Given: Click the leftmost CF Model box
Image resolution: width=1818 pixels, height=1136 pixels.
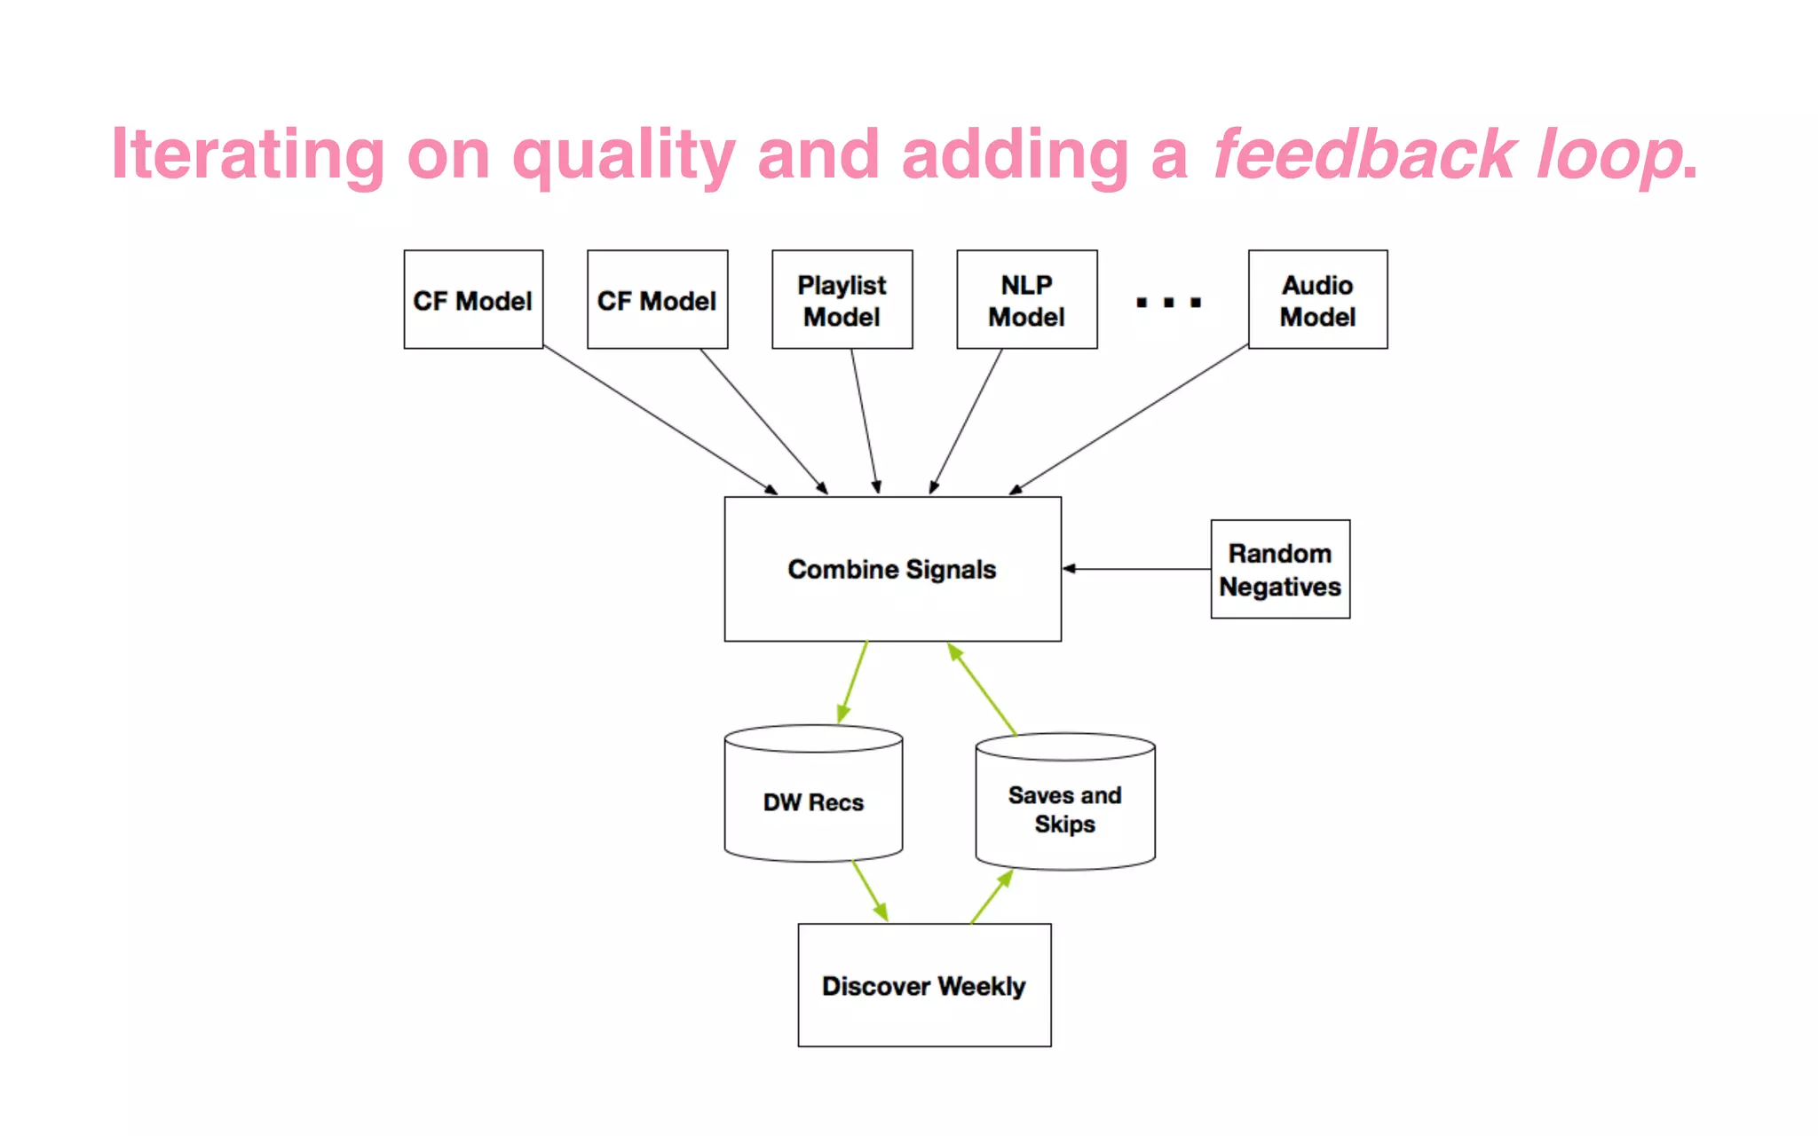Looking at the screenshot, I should (473, 300).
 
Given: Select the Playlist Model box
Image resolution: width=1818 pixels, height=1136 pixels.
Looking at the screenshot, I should (842, 300).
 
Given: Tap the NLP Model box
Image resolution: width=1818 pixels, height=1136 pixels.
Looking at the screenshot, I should (1026, 300).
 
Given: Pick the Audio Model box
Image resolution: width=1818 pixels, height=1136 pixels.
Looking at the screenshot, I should (1317, 300).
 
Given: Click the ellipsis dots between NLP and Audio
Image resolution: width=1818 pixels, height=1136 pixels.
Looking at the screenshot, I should (1168, 303).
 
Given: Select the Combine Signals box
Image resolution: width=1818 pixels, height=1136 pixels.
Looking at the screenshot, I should (892, 569).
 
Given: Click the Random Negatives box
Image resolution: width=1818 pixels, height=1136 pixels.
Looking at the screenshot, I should (1280, 569).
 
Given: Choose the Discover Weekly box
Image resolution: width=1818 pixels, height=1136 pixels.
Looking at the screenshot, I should (924, 985).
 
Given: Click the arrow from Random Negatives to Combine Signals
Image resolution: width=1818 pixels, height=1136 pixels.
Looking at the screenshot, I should (1136, 569).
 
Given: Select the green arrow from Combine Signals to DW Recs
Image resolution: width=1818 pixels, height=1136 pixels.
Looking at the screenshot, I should (853, 682).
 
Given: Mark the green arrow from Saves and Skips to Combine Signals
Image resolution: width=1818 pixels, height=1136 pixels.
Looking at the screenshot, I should (982, 689).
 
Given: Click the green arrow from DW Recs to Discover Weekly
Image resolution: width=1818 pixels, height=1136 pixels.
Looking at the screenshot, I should (870, 890).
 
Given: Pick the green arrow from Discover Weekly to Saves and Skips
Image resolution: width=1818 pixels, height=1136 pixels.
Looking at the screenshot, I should (992, 896).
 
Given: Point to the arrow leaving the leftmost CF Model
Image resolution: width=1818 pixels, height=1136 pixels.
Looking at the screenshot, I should (659, 418).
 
